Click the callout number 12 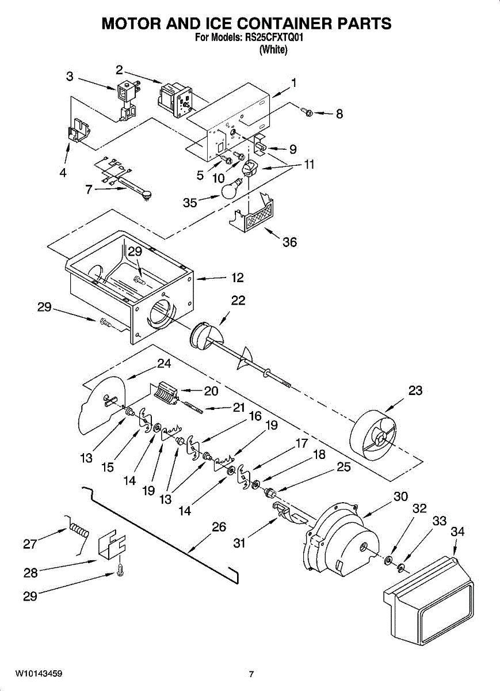237,278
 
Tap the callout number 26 219,527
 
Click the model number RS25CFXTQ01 273,38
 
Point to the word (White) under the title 273,50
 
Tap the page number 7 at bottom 251,674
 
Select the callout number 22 238,301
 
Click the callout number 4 63,172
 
